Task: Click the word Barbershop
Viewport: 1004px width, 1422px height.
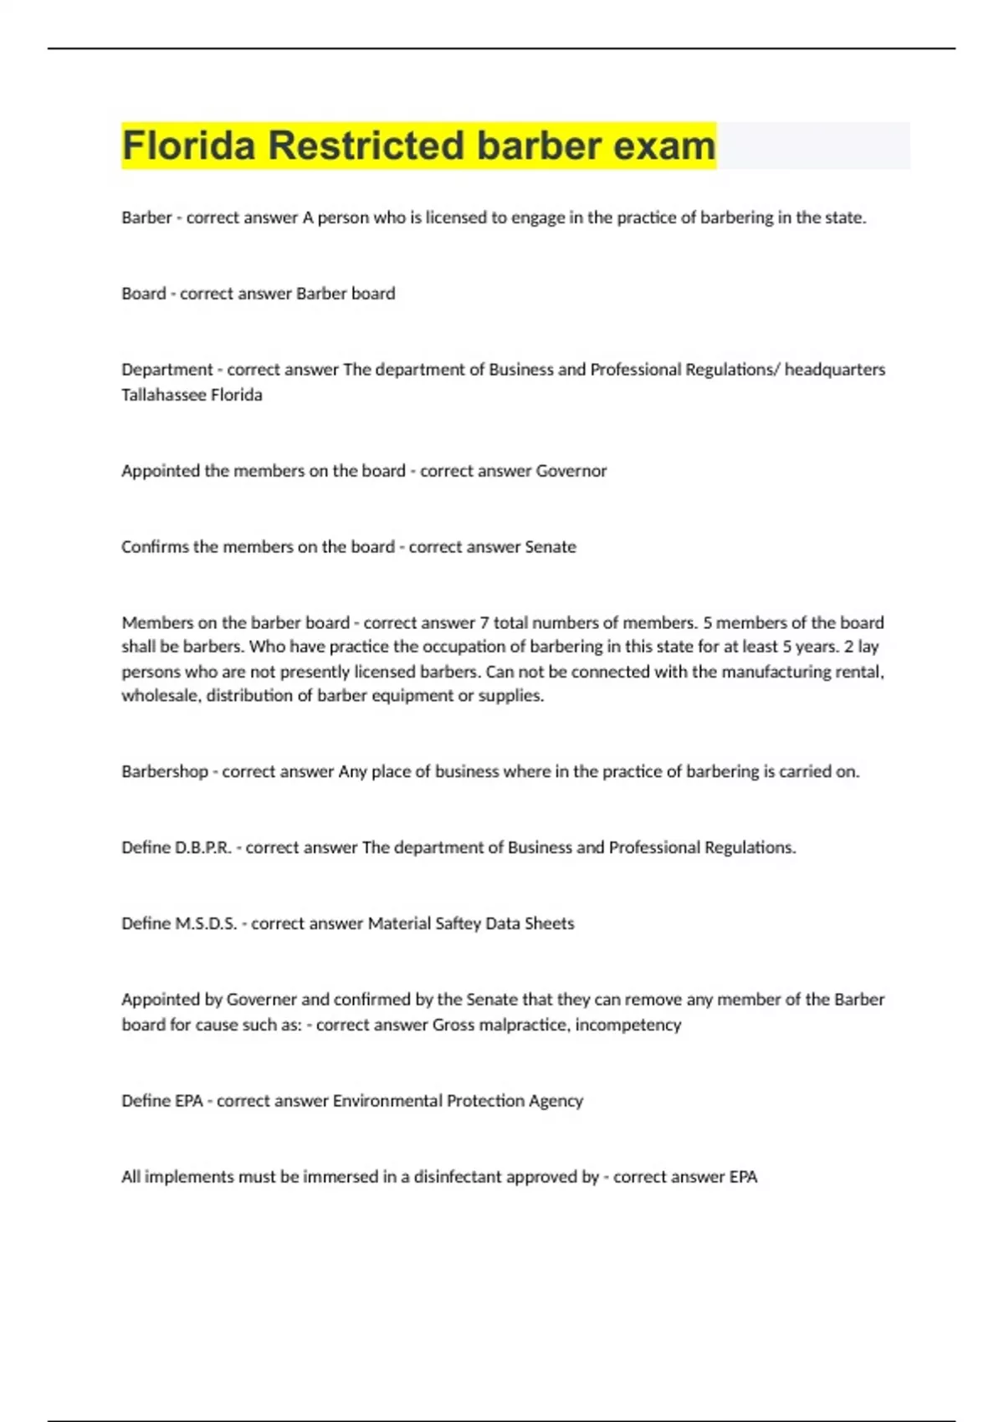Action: pyautogui.click(x=164, y=771)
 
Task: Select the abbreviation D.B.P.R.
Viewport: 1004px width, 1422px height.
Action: pyautogui.click(x=202, y=847)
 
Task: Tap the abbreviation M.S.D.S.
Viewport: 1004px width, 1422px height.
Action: pyautogui.click(x=206, y=923)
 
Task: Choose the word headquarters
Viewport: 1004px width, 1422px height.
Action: pyautogui.click(x=834, y=370)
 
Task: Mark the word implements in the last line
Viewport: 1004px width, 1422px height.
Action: pyautogui.click(x=189, y=1177)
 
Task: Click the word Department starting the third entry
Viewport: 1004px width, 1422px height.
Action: pyautogui.click(x=166, y=370)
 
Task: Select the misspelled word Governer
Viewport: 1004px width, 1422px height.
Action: pyautogui.click(x=262, y=1000)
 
